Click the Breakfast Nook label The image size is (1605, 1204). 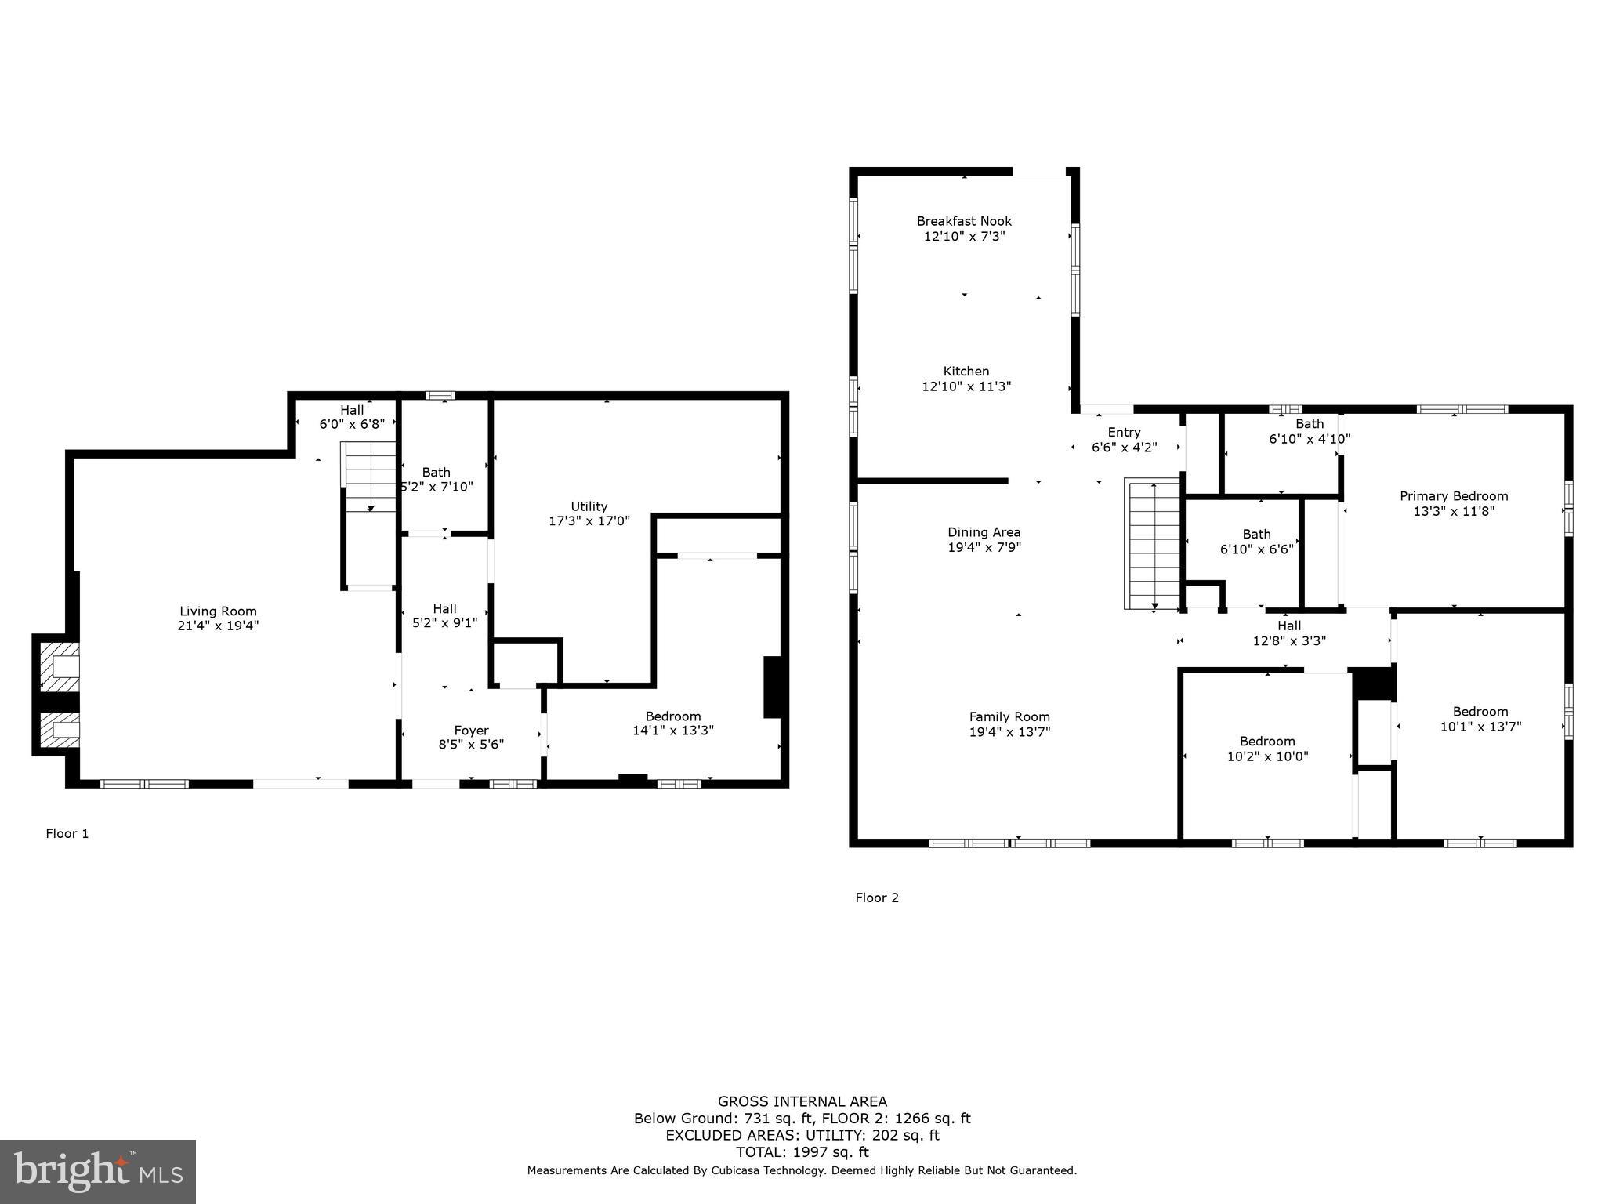click(x=964, y=221)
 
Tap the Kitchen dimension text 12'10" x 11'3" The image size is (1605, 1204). click(x=966, y=386)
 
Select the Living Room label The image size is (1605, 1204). click(x=218, y=611)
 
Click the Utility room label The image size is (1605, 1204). click(x=589, y=506)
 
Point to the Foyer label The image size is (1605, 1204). click(x=471, y=731)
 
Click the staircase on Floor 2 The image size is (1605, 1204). click(x=1153, y=545)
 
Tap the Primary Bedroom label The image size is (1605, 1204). click(x=1454, y=496)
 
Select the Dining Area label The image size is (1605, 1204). click(x=984, y=532)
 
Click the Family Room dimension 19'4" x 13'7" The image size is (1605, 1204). click(x=1009, y=732)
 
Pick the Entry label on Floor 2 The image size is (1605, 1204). click(x=1124, y=433)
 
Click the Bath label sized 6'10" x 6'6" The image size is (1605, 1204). click(x=1256, y=535)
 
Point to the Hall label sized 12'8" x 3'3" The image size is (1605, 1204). click(x=1289, y=626)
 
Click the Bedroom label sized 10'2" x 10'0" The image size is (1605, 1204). click(x=1267, y=742)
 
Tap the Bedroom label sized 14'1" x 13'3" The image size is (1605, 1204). click(x=672, y=716)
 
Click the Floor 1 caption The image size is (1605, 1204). click(x=67, y=834)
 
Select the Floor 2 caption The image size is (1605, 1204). click(x=876, y=898)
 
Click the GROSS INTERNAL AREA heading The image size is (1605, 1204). click(x=802, y=1101)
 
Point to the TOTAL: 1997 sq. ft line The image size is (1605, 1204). click(x=802, y=1152)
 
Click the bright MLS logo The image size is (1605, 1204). click(x=98, y=1172)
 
